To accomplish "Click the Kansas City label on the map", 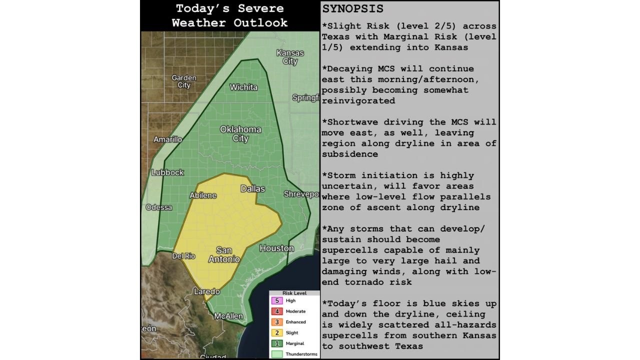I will [x=290, y=57].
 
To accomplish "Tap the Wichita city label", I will [x=243, y=87].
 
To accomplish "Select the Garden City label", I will [x=184, y=81].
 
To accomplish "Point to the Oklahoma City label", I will [x=240, y=133].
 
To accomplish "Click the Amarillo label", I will [x=167, y=139].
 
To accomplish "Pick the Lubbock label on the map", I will [x=168, y=172].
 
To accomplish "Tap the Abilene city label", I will [x=203, y=195].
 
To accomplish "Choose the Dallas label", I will [x=252, y=188].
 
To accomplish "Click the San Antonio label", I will [x=224, y=254].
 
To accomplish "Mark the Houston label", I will [x=276, y=248].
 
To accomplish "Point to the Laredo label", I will [x=206, y=291].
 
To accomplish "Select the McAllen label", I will [x=228, y=316].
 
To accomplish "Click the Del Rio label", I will [x=183, y=256].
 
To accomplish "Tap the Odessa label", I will [x=159, y=207].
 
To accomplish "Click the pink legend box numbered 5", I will [x=276, y=300].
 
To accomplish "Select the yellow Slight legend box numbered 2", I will [x=276, y=332].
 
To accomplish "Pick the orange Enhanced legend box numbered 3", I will [x=276, y=322].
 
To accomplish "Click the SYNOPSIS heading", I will [x=353, y=9].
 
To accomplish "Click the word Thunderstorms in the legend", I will [x=301, y=354].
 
